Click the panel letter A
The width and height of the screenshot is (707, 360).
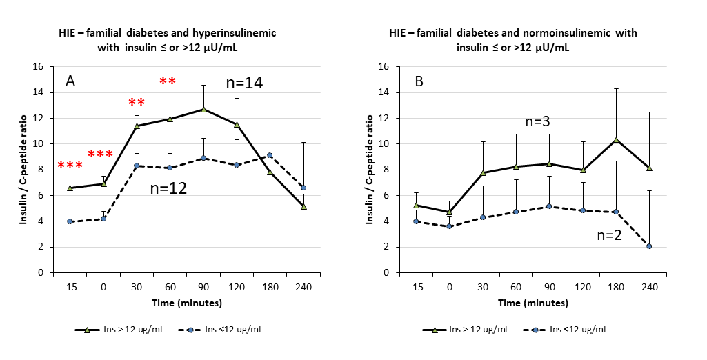click(x=70, y=81)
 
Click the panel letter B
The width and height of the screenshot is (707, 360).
click(x=419, y=81)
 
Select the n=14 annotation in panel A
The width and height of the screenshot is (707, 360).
click(x=244, y=83)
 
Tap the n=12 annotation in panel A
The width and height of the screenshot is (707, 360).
click(x=168, y=187)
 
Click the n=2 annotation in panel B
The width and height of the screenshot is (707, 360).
click(x=608, y=236)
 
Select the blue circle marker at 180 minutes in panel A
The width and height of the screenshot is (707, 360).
click(x=270, y=155)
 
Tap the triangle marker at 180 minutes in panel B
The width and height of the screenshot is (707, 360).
click(x=615, y=139)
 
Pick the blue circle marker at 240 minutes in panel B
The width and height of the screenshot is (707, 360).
click(x=649, y=246)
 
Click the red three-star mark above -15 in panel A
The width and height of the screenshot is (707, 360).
click(x=70, y=166)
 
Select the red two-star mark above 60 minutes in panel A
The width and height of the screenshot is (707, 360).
click(x=168, y=81)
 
